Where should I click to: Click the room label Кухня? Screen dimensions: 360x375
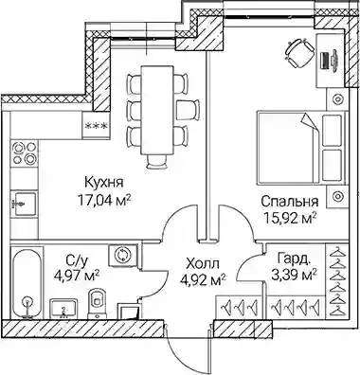104,183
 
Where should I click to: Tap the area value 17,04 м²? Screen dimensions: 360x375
104,200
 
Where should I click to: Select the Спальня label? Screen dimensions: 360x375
290,202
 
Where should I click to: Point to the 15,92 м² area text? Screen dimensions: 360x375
290,218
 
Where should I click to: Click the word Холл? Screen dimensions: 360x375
203,262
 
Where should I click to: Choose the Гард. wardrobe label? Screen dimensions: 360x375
293,258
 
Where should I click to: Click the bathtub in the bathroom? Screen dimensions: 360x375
27,283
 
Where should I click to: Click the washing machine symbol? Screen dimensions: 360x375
122,255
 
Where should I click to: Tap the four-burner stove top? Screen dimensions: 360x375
25,153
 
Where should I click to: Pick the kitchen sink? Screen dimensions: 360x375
24,204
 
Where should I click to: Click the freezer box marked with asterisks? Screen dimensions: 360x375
96,126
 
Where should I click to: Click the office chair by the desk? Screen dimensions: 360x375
299,53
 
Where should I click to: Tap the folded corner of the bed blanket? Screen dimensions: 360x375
310,121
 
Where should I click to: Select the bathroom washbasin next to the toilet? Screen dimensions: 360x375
64,309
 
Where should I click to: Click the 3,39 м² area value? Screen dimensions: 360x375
294,276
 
